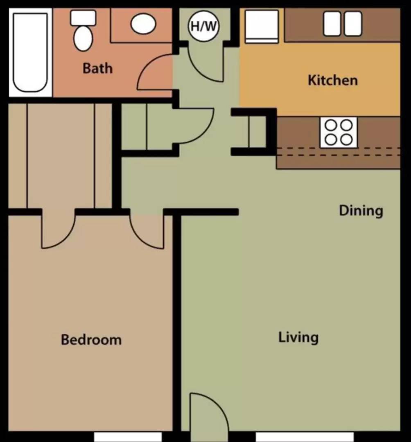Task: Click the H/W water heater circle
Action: [x=203, y=26]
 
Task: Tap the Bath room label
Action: [x=97, y=68]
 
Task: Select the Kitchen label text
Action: [x=333, y=80]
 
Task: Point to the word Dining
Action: [x=361, y=211]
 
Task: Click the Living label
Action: [x=298, y=337]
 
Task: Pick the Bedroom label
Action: [x=91, y=340]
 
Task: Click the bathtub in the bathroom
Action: [x=30, y=52]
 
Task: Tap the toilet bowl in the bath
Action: [x=83, y=39]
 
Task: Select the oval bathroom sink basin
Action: [x=143, y=24]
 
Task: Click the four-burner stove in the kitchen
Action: [x=339, y=133]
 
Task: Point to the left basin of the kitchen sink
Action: [x=332, y=24]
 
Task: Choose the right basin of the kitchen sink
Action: [x=353, y=24]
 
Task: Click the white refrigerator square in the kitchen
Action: [x=262, y=26]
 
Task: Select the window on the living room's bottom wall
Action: [x=305, y=437]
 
